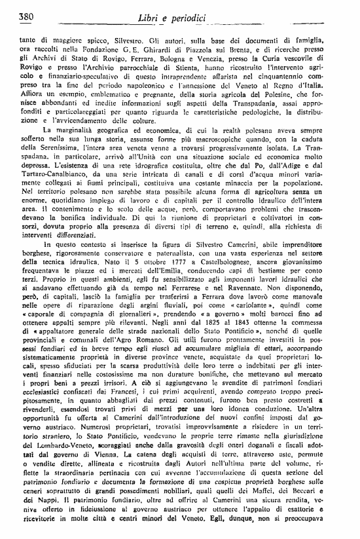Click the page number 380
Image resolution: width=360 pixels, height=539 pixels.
coord(26,16)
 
